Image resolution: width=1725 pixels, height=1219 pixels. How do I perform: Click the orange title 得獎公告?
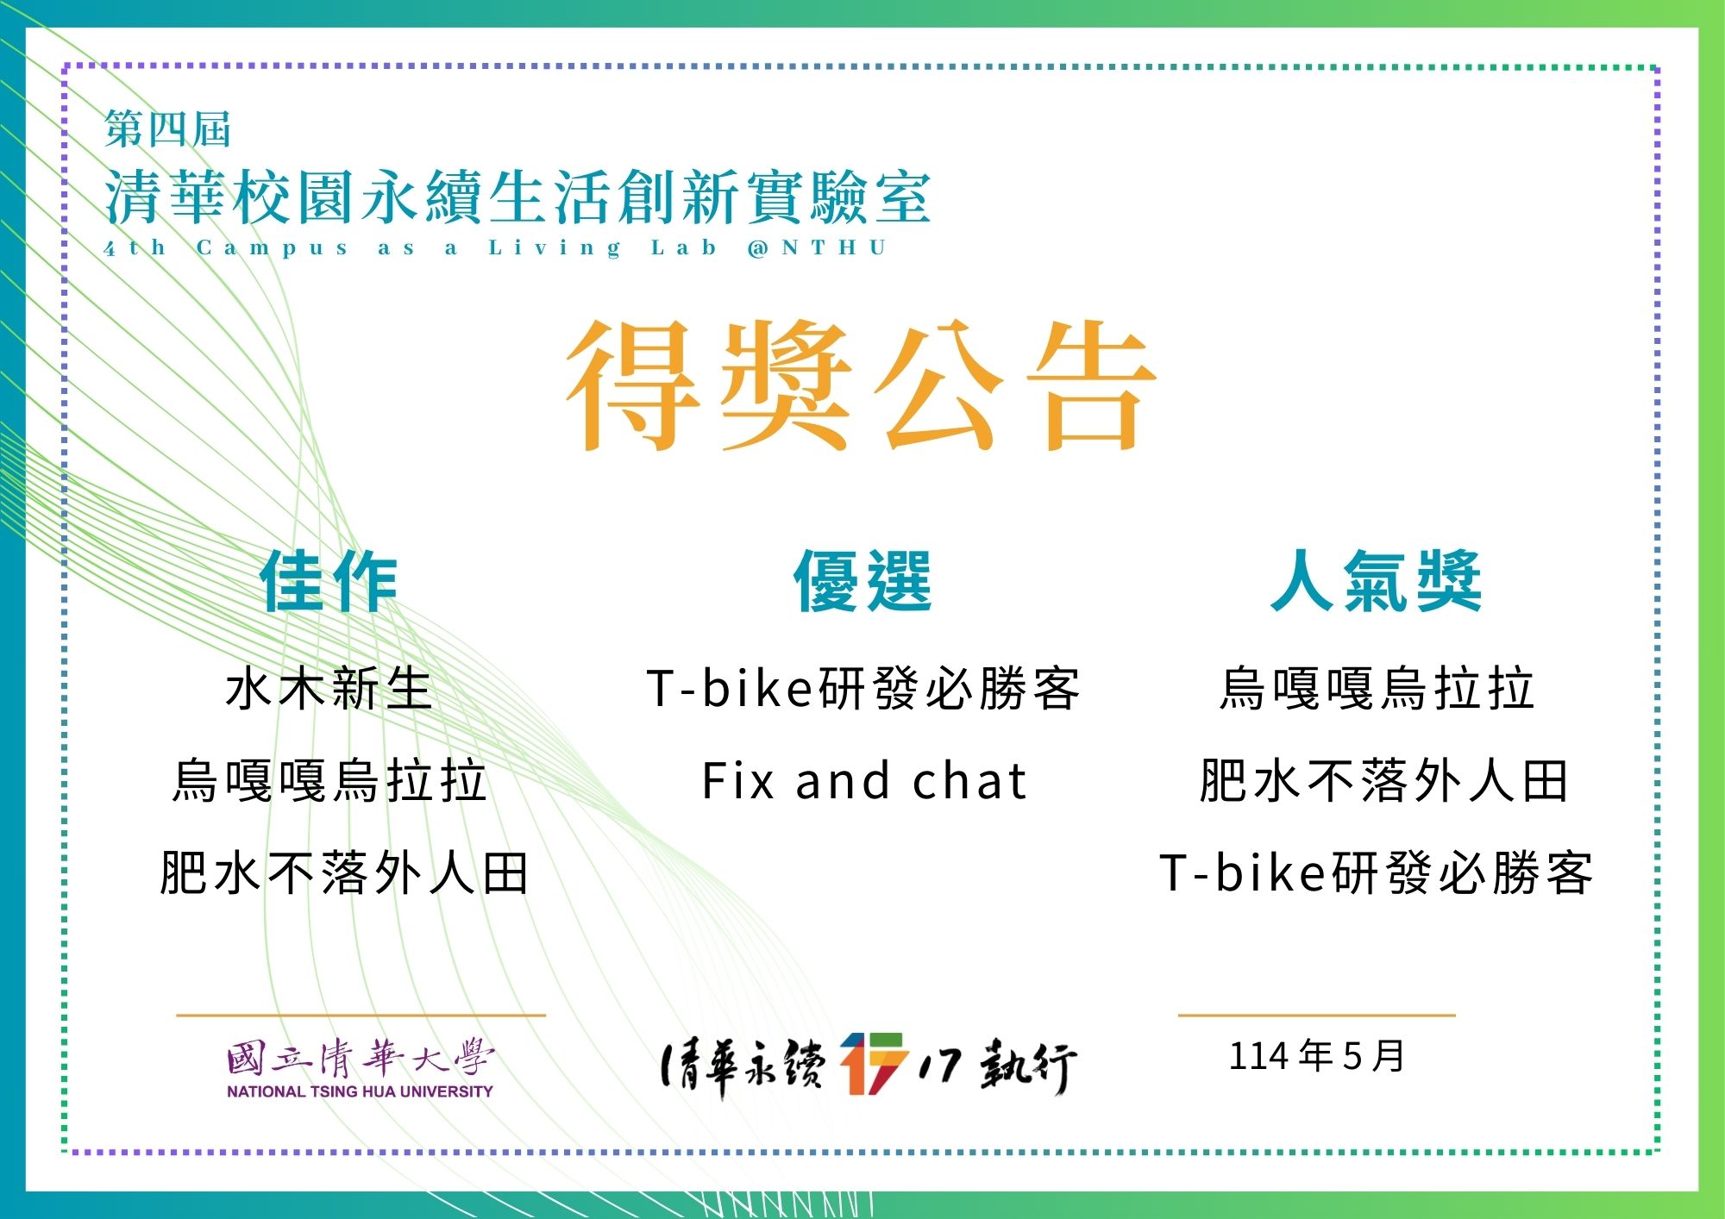(x=861, y=385)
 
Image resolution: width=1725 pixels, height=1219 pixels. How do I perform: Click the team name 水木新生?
(x=329, y=689)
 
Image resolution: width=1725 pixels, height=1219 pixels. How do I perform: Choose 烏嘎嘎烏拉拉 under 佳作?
(x=329, y=781)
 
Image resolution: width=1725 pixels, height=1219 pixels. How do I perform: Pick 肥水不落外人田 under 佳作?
(x=344, y=873)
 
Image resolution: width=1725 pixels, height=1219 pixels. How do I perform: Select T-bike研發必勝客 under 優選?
(x=862, y=689)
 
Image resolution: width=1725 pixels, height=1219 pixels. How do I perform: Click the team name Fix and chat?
(x=864, y=781)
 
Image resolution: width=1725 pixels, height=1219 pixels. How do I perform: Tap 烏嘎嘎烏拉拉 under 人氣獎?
(x=1377, y=689)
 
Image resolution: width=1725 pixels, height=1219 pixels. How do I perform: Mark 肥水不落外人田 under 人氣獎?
(x=1383, y=781)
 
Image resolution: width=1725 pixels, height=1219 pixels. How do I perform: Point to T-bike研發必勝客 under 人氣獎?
(x=1377, y=873)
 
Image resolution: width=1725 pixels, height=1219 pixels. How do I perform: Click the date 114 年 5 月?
(x=1317, y=1056)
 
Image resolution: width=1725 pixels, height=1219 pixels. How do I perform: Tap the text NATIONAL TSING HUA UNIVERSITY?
(x=360, y=1091)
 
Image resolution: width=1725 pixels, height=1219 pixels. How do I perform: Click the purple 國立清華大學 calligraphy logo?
(x=361, y=1059)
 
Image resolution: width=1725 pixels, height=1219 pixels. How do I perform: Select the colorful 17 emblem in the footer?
(x=873, y=1063)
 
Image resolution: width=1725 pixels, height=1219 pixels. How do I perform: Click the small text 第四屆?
(x=167, y=129)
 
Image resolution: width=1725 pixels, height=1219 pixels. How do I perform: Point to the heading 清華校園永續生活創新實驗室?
(x=517, y=197)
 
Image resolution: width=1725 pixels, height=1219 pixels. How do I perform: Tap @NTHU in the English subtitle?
(x=818, y=248)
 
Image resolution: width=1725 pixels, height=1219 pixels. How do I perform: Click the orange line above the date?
(x=1317, y=1016)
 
